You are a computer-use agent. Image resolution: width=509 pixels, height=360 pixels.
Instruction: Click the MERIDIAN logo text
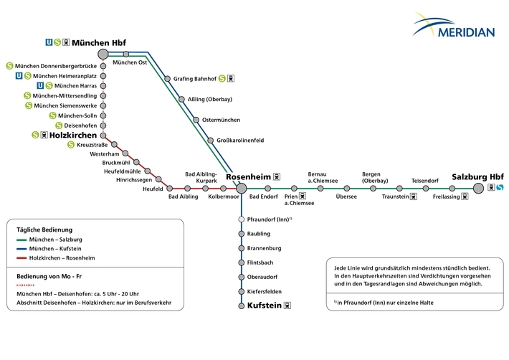coord(466,32)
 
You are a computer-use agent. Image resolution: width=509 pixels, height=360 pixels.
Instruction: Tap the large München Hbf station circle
coord(103,54)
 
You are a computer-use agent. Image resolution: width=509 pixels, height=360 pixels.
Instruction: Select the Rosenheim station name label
coord(248,177)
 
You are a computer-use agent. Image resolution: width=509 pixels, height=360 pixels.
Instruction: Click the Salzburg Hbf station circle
coord(478,188)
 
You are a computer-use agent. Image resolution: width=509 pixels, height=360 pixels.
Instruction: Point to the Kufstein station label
coord(265,305)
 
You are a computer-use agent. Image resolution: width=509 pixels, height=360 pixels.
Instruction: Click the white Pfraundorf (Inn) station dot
coord(241,219)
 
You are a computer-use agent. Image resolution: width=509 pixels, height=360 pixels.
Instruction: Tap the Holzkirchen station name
coord(73,135)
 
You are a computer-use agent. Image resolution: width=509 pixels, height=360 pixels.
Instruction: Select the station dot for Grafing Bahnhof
coord(167,79)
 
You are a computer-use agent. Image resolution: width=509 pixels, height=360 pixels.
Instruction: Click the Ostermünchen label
coord(221,120)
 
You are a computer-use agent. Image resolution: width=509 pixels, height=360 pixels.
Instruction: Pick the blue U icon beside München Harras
coord(40,86)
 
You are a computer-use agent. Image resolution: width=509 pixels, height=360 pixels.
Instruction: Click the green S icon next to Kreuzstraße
coord(71,145)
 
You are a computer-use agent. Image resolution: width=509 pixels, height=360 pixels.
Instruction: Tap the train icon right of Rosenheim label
coord(277,177)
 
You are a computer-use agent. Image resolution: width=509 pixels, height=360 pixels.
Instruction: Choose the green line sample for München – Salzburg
coord(22,240)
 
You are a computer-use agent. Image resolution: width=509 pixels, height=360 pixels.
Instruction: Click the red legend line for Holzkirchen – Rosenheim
coord(22,258)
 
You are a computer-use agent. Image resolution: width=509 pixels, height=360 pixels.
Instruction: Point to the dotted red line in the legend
coord(25,285)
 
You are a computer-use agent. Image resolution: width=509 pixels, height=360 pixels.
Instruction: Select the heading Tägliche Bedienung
coord(44,229)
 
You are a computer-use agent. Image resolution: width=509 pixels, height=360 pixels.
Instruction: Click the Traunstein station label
coord(396,196)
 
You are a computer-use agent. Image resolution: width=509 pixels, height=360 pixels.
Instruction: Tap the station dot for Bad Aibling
coord(187,189)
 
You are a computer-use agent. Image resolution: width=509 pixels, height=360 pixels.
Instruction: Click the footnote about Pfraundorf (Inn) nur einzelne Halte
coord(384,303)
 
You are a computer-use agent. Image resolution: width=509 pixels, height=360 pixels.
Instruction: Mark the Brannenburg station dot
coord(241,248)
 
